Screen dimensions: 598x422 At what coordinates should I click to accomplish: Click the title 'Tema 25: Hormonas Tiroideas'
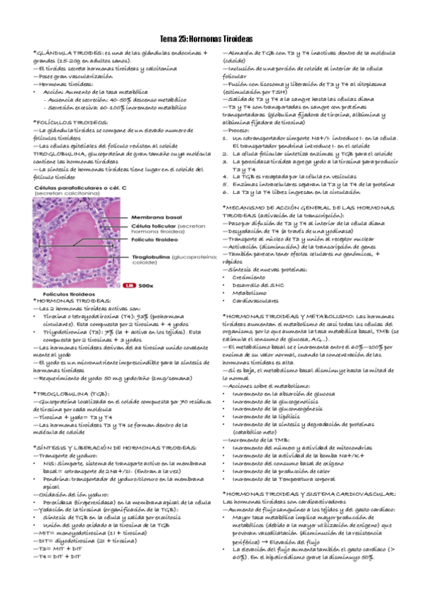211,40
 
